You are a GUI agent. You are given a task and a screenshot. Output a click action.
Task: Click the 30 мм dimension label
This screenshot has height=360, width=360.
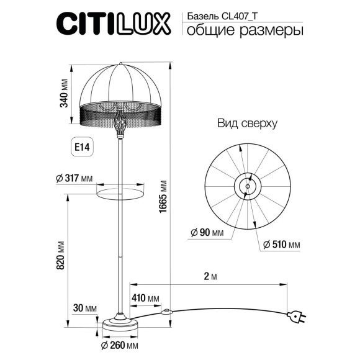[x=86, y=308]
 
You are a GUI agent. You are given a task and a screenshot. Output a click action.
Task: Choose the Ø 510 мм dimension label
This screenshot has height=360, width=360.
[x=281, y=245]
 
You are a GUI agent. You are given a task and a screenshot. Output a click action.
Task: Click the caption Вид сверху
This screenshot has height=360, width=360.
[x=246, y=124]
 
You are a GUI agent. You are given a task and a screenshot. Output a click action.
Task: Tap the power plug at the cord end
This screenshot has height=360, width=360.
[x=297, y=317]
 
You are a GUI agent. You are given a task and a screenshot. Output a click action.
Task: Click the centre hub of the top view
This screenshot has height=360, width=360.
[x=248, y=186]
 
